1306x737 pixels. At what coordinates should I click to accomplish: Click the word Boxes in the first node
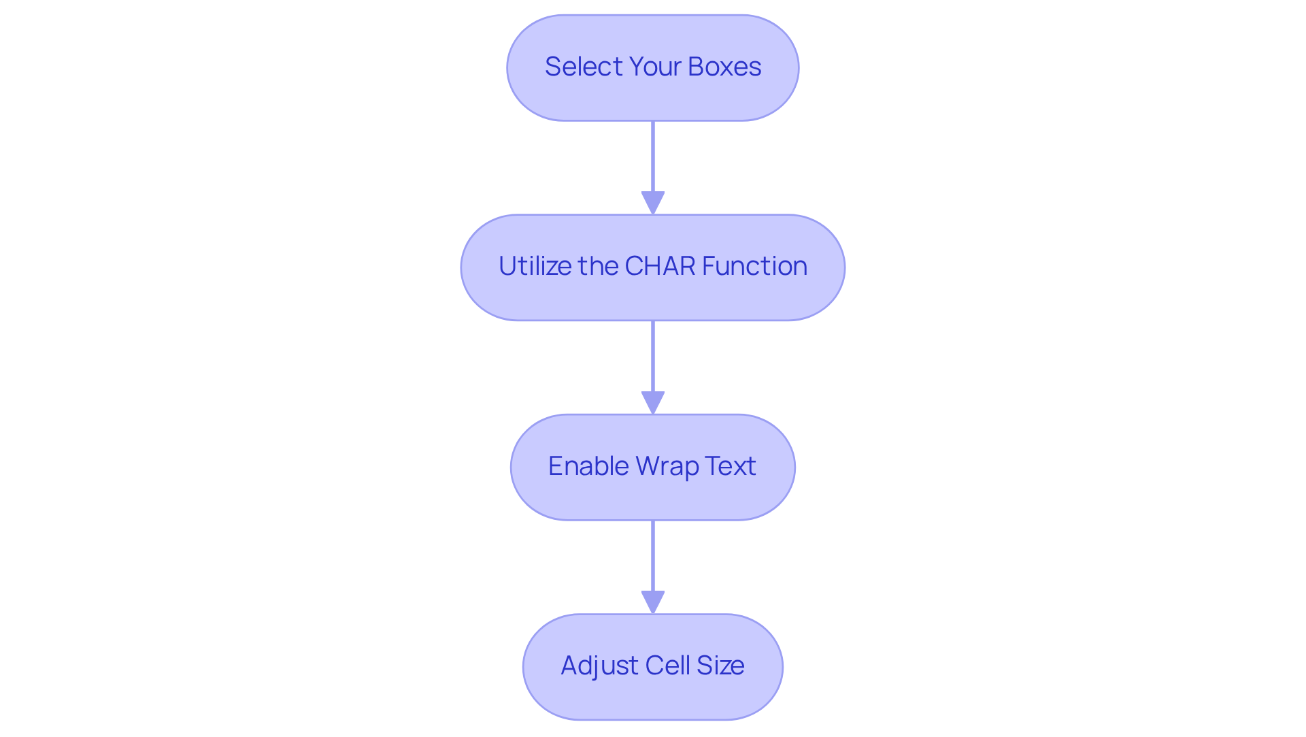724,67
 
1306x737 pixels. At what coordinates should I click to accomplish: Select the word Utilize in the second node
535,266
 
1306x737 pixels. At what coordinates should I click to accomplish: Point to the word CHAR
660,266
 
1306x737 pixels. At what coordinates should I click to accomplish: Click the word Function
754,266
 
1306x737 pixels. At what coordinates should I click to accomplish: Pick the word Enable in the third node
588,466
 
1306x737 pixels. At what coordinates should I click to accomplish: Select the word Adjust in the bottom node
599,666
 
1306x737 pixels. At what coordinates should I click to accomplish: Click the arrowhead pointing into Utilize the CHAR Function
653,203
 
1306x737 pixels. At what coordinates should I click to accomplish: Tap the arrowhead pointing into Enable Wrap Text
653,403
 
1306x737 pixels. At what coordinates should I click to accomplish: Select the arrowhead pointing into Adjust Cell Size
653,602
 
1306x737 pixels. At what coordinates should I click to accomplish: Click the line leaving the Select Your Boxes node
653,157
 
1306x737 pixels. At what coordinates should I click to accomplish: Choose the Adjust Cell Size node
653,701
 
